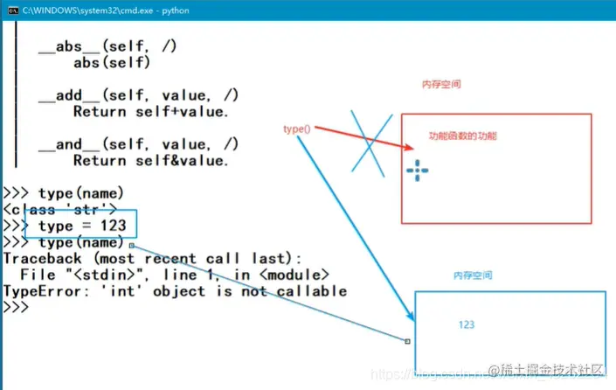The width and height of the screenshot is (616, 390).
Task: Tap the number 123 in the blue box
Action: pos(467,324)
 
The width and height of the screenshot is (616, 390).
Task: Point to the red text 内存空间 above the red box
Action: pos(441,85)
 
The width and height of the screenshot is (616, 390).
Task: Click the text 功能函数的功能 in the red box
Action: pos(462,137)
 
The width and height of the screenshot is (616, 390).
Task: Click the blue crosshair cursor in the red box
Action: pos(418,171)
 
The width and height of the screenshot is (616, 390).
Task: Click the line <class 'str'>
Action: pos(59,209)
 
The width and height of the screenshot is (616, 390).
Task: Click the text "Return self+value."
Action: pos(150,111)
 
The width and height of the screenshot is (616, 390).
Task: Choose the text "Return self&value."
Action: pos(150,160)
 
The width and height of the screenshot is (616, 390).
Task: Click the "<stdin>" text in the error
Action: pos(103,275)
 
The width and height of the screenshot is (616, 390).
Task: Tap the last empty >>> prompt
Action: pos(16,308)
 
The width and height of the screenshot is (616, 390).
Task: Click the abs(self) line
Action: pos(112,62)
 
